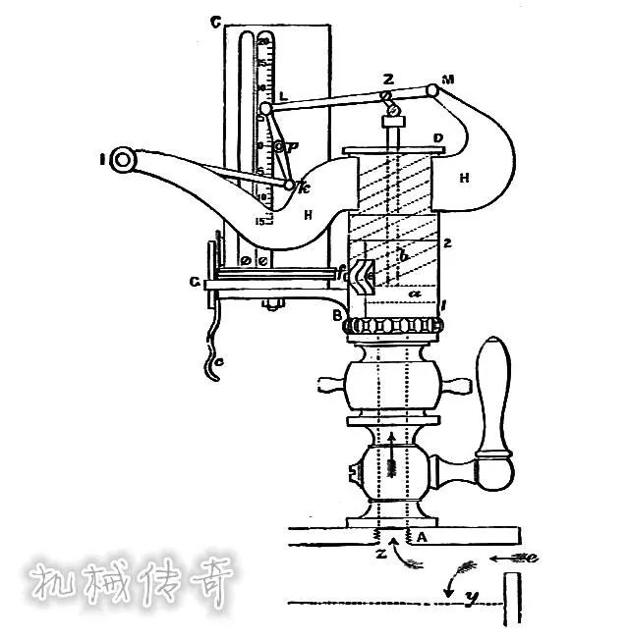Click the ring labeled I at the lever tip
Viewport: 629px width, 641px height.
(x=123, y=160)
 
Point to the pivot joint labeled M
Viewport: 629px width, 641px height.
(x=431, y=91)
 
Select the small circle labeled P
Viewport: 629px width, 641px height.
(x=279, y=147)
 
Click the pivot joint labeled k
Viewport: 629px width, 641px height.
(x=290, y=184)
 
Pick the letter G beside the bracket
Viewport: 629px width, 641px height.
(x=197, y=283)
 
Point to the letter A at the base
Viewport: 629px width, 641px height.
(x=422, y=537)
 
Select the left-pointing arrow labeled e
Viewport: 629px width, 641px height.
(x=515, y=560)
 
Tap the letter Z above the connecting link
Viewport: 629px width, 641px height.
(x=389, y=78)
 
